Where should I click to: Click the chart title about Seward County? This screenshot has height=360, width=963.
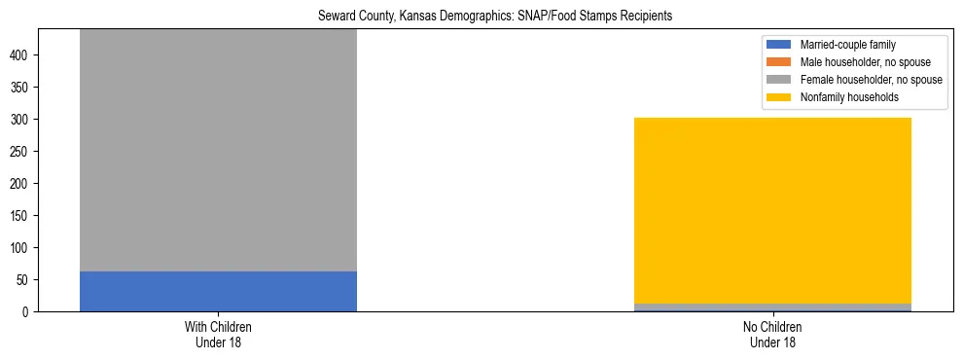[496, 17]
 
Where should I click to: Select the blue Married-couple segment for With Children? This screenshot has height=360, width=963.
[218, 292]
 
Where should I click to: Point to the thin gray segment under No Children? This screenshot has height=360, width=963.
[772, 306]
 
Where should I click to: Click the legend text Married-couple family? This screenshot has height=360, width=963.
[848, 45]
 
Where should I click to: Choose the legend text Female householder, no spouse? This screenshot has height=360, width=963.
[871, 80]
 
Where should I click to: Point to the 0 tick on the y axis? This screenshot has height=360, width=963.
[28, 312]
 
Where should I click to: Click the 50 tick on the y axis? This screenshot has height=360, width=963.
[25, 280]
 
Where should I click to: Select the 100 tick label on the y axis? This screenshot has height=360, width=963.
[22, 248]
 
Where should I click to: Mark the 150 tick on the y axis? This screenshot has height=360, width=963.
[22, 216]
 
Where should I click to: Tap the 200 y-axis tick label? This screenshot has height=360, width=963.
[22, 184]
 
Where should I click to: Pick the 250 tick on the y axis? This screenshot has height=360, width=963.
[22, 152]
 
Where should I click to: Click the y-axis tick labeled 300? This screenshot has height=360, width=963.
[22, 120]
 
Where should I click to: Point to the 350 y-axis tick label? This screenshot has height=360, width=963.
[22, 88]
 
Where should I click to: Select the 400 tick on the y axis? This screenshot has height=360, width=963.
[22, 55]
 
